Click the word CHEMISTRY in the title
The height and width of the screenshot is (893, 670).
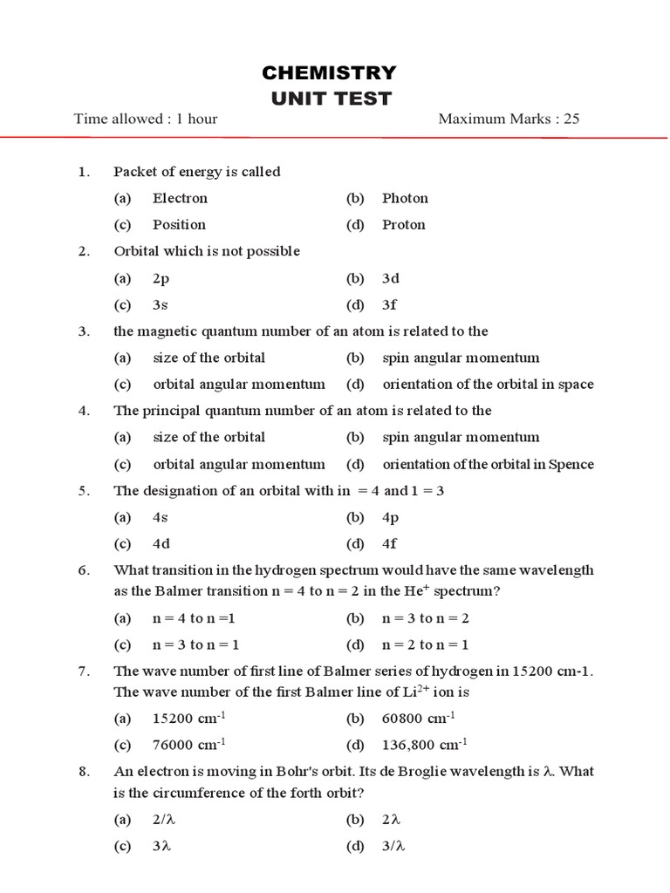point(331,72)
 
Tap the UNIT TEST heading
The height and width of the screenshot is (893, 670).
point(331,99)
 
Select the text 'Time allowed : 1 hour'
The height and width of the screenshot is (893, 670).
point(146,119)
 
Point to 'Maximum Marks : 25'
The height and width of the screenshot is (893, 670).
point(509,119)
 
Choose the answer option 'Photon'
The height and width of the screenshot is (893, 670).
point(405,198)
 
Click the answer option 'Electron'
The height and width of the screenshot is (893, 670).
point(180,198)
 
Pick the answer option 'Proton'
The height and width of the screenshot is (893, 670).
point(403,224)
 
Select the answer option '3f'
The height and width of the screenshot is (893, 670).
point(389,305)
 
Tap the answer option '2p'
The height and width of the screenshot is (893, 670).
point(161,278)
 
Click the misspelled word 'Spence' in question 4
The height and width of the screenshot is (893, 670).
point(571,464)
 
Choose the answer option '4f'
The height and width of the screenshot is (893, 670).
point(389,544)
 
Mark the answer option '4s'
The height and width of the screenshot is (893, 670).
point(160,517)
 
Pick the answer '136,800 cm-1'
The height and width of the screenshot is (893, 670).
point(424,745)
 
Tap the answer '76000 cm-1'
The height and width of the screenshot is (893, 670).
point(188,745)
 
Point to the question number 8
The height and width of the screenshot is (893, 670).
point(83,772)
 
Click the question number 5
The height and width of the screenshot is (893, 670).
point(83,491)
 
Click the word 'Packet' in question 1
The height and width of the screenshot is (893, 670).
point(133,172)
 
